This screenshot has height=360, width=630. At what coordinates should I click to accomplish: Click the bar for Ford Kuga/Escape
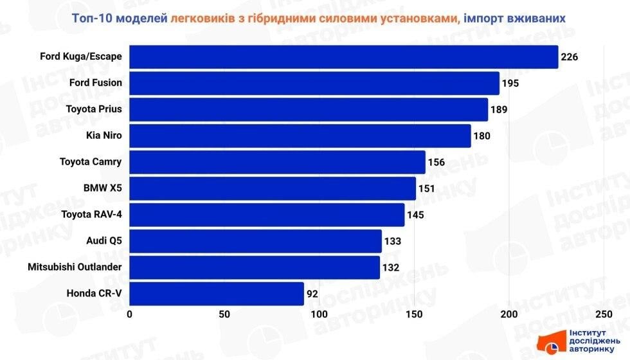coord(343,57)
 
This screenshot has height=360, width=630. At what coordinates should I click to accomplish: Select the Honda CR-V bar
coord(217,294)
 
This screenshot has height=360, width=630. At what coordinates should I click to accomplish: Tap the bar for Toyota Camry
coord(277,162)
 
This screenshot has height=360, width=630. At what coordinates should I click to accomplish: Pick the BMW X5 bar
coord(273,188)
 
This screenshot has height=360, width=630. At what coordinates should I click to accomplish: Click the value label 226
coord(570,57)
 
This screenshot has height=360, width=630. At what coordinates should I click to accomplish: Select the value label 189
coord(499,109)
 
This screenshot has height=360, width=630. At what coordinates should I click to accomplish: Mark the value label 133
coord(392,241)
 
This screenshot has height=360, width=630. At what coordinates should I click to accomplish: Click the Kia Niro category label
coord(104,136)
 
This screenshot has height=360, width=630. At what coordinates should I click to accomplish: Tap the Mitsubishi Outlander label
coord(75,267)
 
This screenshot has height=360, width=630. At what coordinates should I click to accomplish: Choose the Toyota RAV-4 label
coord(91,215)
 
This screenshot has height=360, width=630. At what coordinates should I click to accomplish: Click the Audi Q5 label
coord(104,241)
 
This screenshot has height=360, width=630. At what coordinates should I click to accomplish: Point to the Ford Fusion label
coord(95,83)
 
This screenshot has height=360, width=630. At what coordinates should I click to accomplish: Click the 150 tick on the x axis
coord(415,314)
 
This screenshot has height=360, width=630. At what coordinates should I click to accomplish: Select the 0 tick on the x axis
coord(130,314)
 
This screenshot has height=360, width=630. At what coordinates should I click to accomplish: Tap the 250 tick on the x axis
coord(604,314)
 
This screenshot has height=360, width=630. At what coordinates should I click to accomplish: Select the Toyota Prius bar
coord(309,109)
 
